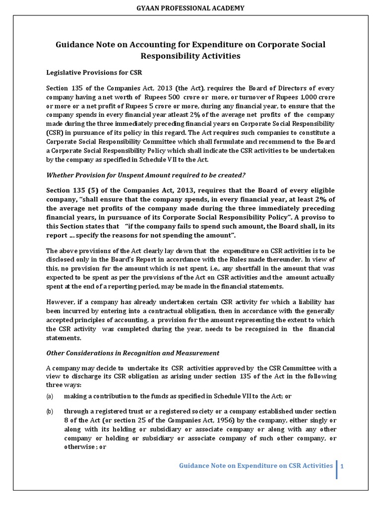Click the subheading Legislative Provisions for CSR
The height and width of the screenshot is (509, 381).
[94, 73]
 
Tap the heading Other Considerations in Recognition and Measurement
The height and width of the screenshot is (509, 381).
[132, 353]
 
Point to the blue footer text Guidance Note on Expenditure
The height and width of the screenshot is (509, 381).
[255, 465]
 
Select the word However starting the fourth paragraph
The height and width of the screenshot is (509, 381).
[62, 302]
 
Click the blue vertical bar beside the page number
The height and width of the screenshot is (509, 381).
[337, 469]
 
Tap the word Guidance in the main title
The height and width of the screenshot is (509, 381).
[77, 45]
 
